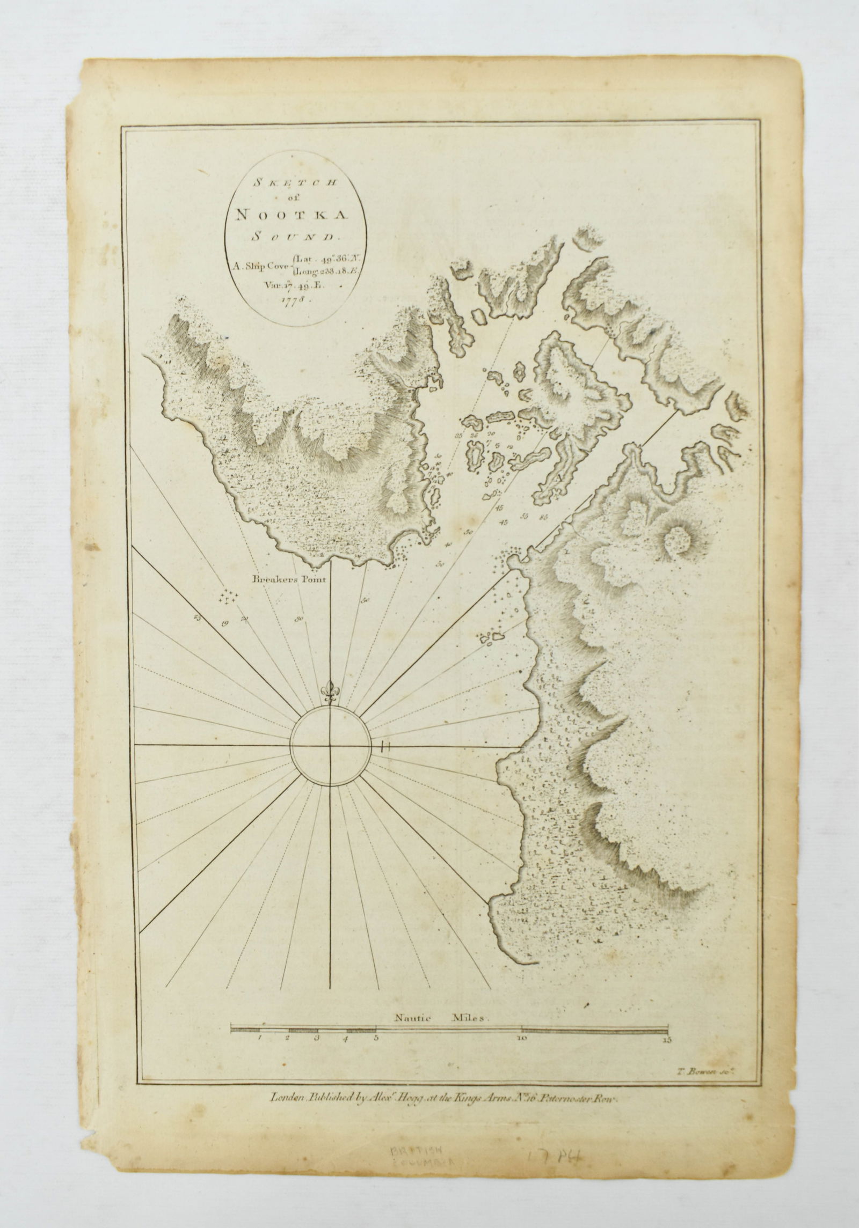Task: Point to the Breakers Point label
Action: click(290, 579)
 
